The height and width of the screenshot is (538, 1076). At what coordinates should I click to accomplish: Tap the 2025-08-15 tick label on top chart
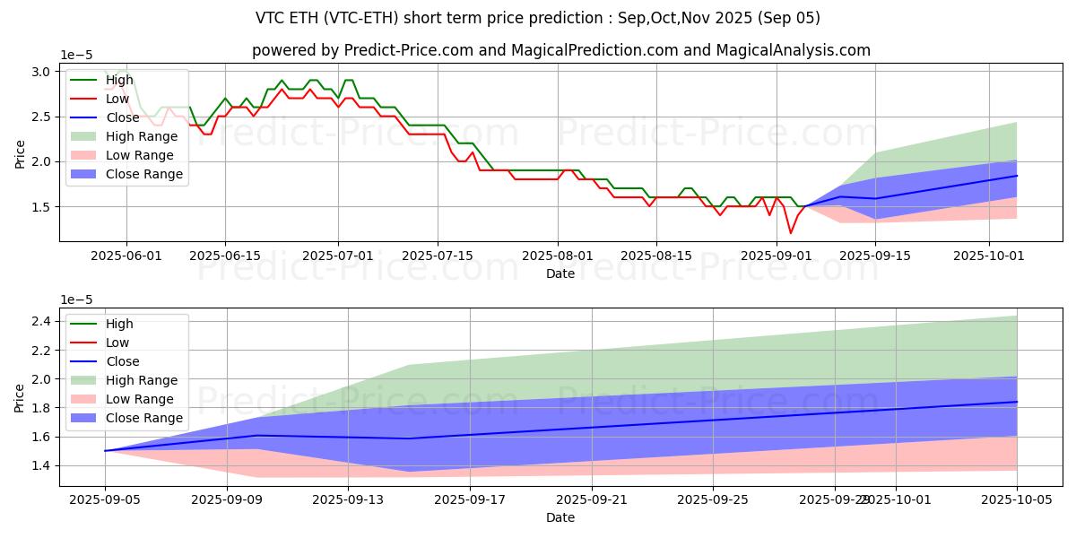656,256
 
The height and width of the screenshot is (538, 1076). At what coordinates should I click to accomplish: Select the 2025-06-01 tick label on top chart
126,256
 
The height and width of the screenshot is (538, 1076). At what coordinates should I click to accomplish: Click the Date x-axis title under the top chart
560,273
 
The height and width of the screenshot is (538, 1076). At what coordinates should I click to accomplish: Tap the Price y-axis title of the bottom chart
20,395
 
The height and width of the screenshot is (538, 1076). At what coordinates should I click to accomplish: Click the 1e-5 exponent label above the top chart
77,55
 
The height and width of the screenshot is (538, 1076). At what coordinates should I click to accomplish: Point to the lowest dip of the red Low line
791,233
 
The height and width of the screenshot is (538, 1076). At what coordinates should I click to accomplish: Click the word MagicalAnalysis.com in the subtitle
794,50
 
